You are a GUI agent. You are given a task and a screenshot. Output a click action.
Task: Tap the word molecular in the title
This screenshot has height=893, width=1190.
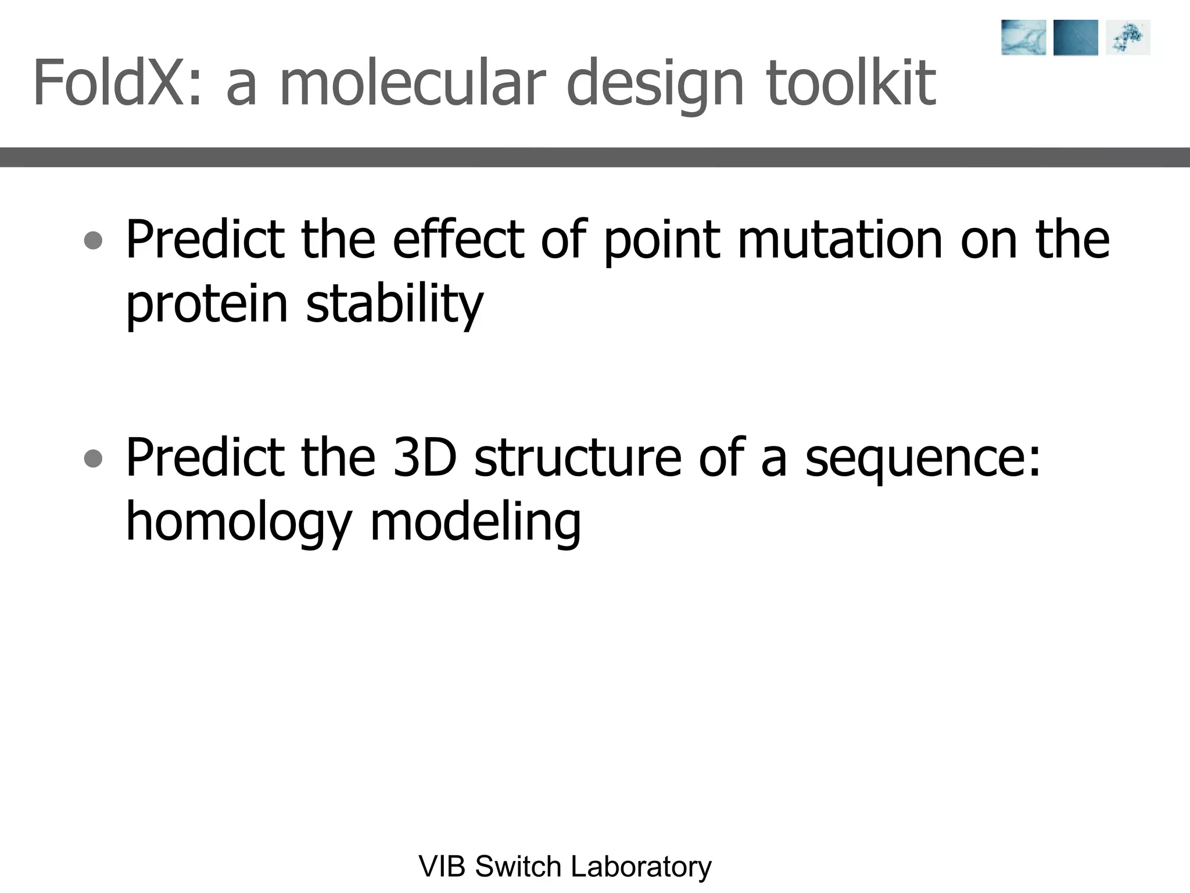tap(413, 83)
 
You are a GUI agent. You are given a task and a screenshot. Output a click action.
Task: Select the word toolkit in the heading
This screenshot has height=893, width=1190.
tap(851, 83)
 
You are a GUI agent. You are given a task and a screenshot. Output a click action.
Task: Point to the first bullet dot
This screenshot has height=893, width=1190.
tap(93, 240)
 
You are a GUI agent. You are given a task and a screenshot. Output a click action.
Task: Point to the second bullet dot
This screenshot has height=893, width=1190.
tap(93, 459)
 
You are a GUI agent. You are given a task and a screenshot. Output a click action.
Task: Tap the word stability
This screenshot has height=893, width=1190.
tap(395, 305)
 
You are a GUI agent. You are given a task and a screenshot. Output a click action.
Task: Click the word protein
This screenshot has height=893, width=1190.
tap(207, 305)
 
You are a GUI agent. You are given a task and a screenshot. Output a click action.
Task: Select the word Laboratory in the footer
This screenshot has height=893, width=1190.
tap(641, 866)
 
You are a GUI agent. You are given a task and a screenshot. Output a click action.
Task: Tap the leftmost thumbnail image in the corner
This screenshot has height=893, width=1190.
tap(1023, 38)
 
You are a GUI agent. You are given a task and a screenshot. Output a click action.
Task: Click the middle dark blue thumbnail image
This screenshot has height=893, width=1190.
tap(1076, 38)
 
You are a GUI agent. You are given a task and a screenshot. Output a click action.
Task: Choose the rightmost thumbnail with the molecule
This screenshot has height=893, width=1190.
tap(1128, 38)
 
